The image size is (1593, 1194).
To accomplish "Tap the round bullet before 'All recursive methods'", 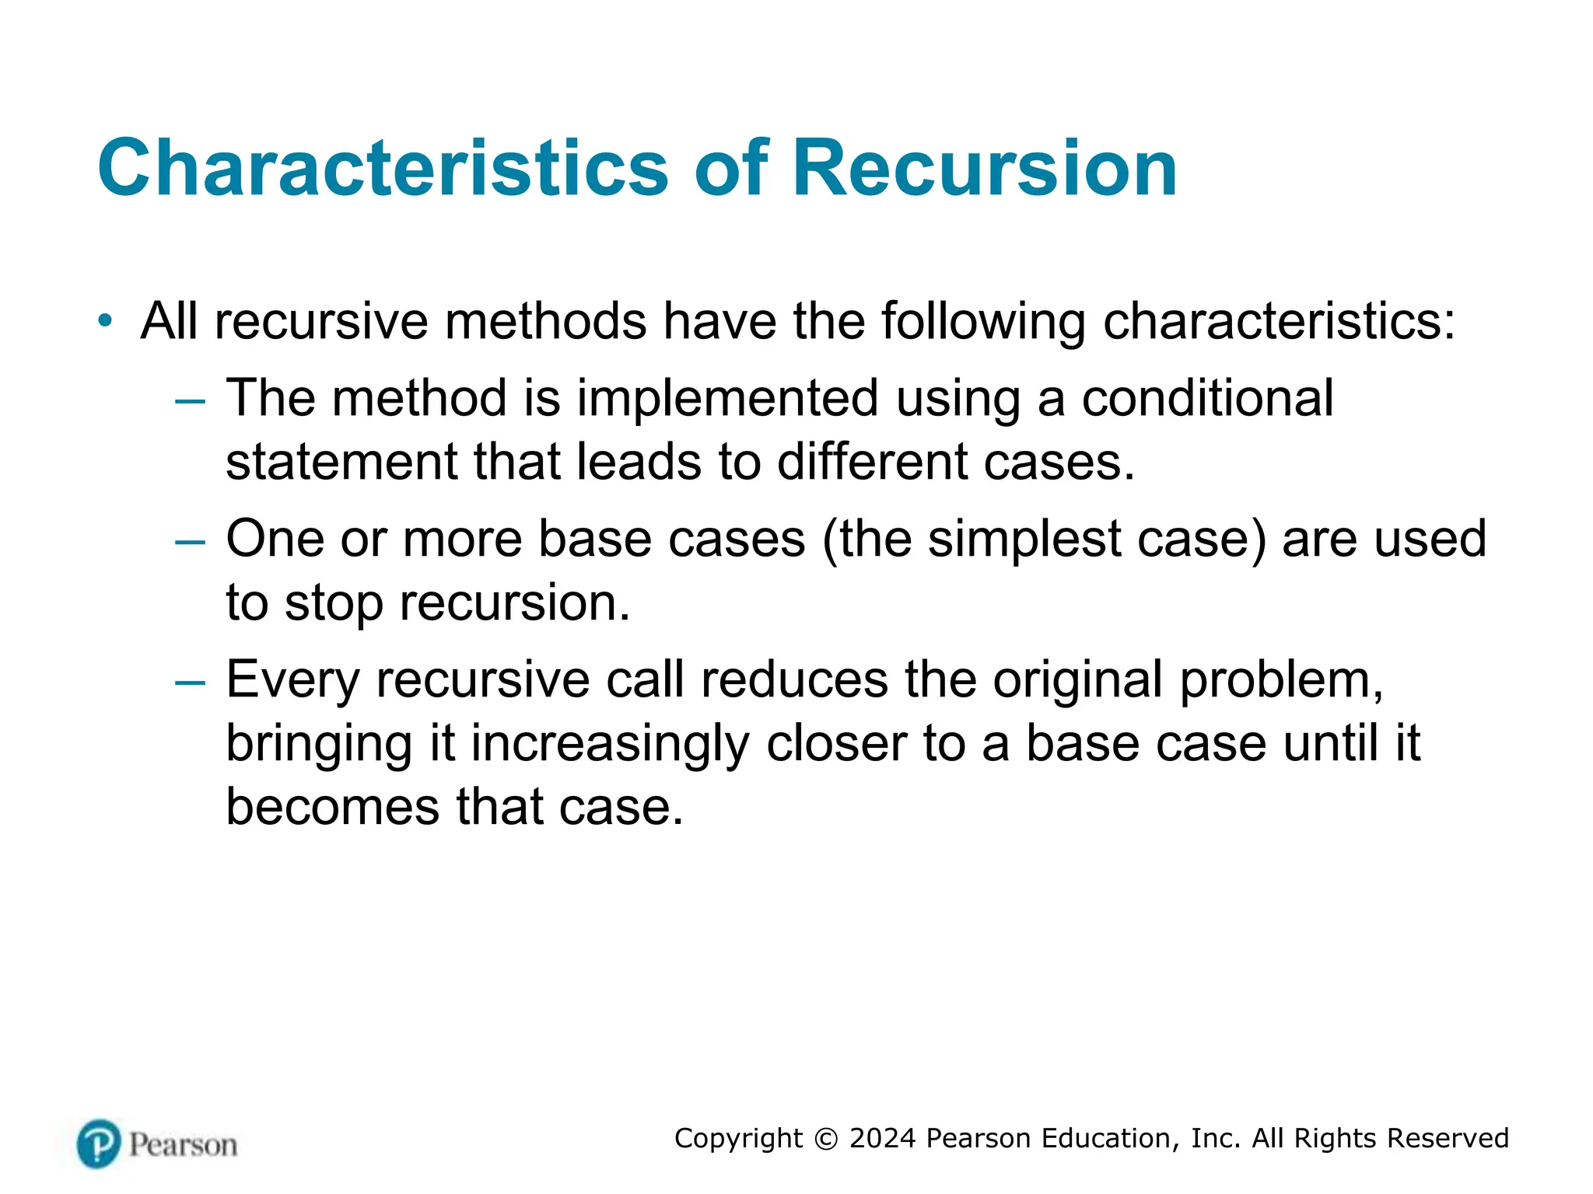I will (x=105, y=320).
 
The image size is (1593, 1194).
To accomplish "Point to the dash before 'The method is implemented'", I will (x=190, y=401).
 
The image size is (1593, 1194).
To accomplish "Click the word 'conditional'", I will (x=1207, y=398).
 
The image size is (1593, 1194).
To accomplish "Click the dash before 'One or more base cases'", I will (x=190, y=542).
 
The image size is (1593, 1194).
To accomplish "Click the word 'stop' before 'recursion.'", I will (x=334, y=603).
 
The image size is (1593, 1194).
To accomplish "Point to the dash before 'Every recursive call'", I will (x=190, y=683).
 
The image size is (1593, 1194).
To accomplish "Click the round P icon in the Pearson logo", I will (x=99, y=1143).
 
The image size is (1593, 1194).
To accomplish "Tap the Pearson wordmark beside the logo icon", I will (x=183, y=1145).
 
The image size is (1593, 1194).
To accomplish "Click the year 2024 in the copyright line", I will (x=882, y=1138).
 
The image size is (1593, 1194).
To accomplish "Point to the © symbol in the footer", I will (x=826, y=1139).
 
